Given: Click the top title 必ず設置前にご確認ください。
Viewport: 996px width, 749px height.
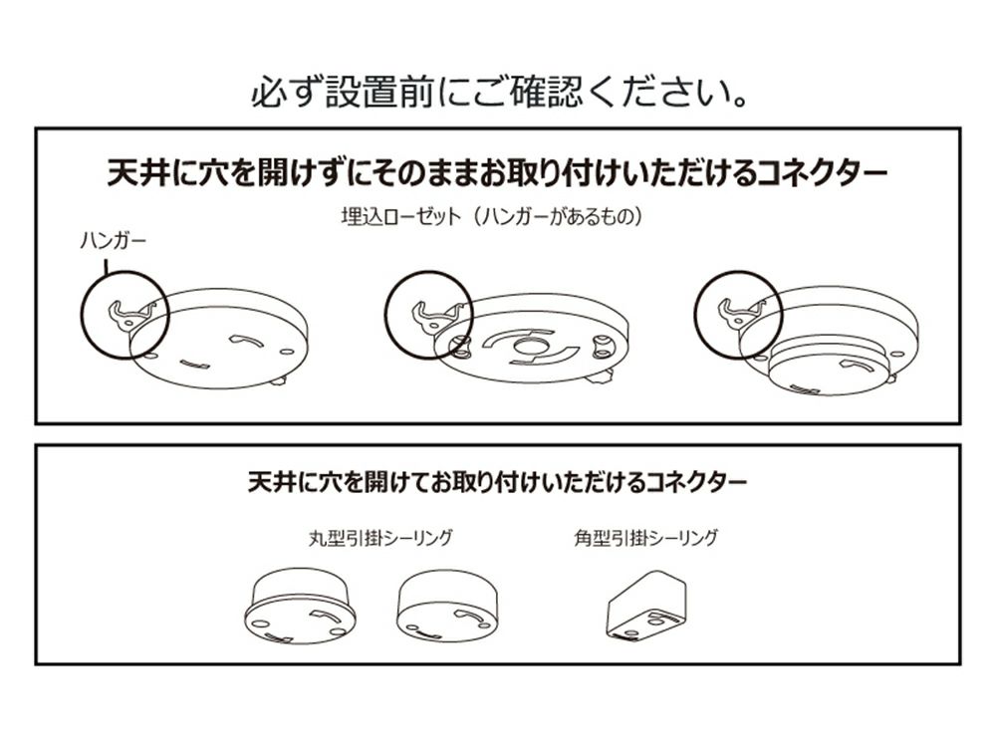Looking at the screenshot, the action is (x=499, y=93).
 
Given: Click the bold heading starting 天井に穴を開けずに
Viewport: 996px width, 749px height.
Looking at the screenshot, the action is (x=497, y=172).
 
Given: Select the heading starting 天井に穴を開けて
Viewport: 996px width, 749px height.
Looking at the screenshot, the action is (x=497, y=482).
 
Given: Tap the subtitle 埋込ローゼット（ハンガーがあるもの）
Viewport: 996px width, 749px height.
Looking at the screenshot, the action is (x=492, y=216).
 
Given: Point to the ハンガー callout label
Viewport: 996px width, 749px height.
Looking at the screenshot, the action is (x=114, y=241).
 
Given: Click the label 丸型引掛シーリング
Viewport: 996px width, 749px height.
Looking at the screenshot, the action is (x=380, y=538).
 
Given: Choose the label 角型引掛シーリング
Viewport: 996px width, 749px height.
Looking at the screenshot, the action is (x=646, y=538).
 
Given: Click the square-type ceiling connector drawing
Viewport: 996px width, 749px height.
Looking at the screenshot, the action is (x=646, y=607).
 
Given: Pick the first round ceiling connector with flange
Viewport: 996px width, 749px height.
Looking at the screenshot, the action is (x=300, y=608).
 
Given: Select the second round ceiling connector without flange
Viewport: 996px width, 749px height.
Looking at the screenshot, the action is (x=447, y=606).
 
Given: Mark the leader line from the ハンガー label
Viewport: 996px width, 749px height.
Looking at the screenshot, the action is (x=107, y=263).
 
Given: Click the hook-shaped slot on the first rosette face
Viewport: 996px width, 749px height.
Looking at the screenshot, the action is (x=246, y=341).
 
